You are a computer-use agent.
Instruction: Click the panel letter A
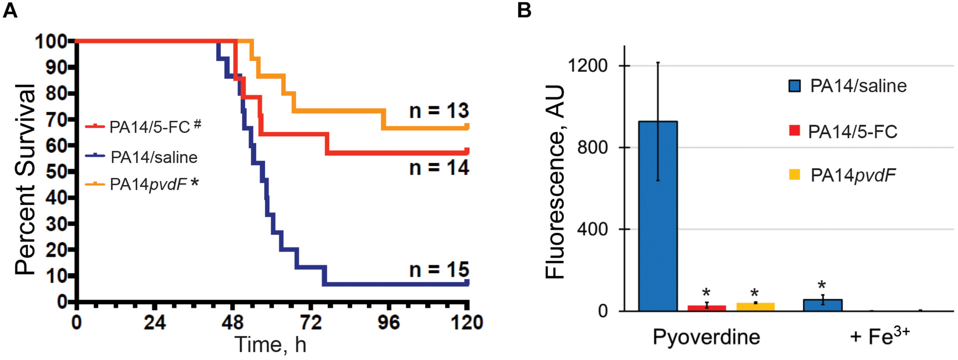(x=10, y=10)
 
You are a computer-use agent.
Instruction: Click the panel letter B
(x=524, y=10)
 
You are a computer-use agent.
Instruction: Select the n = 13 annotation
(x=439, y=111)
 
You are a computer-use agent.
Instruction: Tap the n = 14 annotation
(x=439, y=168)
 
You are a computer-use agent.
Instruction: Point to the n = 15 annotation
(x=439, y=270)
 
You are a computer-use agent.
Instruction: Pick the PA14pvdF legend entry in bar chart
(x=853, y=175)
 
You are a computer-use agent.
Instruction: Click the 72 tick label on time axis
(x=311, y=323)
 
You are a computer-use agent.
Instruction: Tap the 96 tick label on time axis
(x=389, y=323)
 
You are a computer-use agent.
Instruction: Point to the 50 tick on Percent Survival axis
(x=56, y=172)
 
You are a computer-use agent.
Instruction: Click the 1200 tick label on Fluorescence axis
(x=587, y=66)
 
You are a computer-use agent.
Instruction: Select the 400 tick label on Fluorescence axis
(x=592, y=229)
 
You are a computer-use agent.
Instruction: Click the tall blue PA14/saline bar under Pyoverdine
(x=658, y=216)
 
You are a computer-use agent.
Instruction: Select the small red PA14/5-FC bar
(x=707, y=308)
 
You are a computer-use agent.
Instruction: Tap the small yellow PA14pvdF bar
(x=755, y=307)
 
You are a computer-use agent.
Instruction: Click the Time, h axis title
(x=271, y=344)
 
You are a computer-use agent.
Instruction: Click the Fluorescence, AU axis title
(x=555, y=182)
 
